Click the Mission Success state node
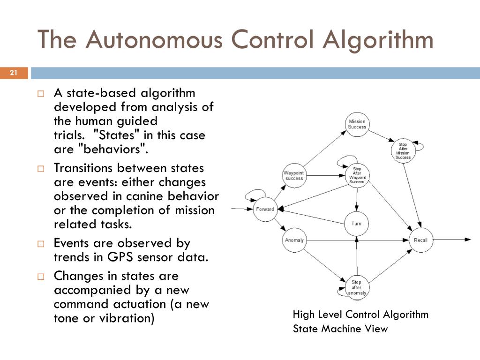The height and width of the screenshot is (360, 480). [x=357, y=125]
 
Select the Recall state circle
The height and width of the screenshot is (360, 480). [x=420, y=240]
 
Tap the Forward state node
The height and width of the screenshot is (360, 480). [x=265, y=209]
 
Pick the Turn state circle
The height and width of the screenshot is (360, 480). [x=356, y=224]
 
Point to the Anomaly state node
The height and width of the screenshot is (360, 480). [x=294, y=240]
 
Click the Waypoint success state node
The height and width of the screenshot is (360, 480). [x=294, y=176]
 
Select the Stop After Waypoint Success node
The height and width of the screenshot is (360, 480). [x=357, y=175]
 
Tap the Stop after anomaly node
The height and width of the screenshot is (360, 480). [x=356, y=287]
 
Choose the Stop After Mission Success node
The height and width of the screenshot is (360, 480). [x=403, y=150]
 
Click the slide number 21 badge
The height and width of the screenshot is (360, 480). [x=14, y=73]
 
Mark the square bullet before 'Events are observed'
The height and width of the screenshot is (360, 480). [x=41, y=244]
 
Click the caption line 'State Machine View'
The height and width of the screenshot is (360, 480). [x=340, y=329]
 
